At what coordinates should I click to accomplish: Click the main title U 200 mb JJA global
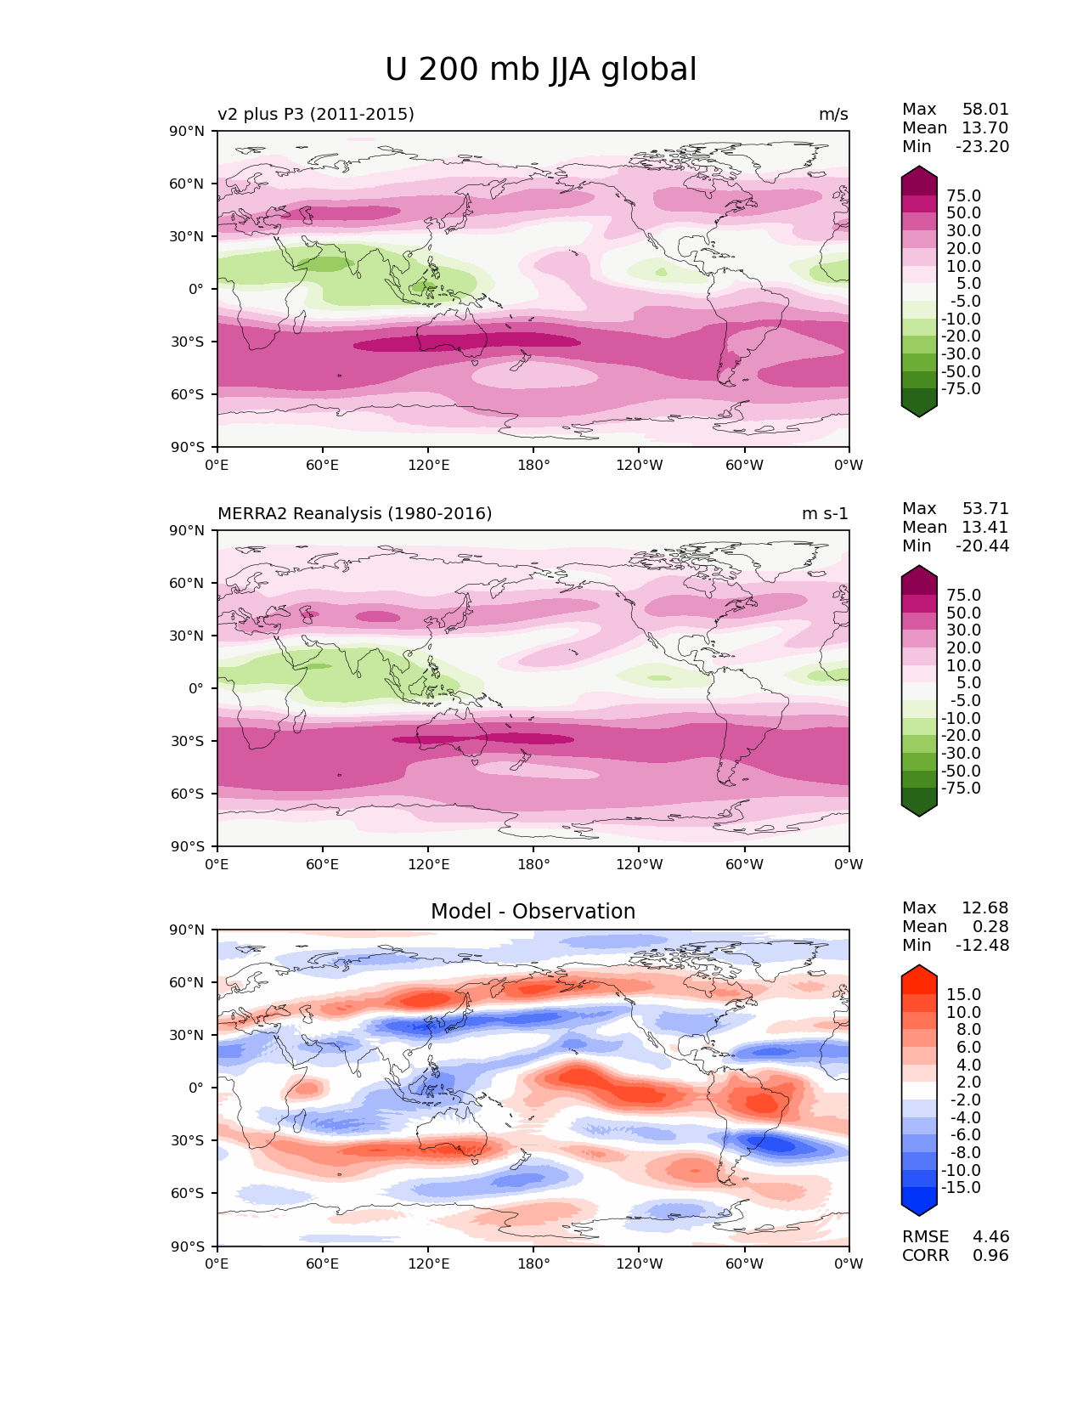[540, 70]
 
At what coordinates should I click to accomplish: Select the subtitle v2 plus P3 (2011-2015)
[316, 114]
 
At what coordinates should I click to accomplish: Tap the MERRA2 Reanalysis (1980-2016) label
[354, 513]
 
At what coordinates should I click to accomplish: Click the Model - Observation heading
[533, 912]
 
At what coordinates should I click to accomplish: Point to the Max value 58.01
[985, 109]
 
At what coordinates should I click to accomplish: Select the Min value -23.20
[982, 146]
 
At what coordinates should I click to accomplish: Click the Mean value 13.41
[985, 527]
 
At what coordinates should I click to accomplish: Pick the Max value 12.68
[985, 907]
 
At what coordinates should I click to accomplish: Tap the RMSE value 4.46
[991, 1236]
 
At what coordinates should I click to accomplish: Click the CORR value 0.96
[991, 1255]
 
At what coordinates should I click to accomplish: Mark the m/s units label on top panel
[833, 114]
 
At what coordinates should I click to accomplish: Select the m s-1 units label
[825, 513]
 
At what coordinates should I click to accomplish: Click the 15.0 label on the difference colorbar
[964, 994]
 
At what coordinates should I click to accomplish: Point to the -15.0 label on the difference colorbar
[961, 1187]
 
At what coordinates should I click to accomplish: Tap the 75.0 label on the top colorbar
[964, 195]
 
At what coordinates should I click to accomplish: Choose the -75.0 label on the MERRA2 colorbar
[961, 788]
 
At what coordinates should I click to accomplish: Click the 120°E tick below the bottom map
[428, 1263]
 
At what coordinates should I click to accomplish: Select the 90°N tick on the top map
[187, 131]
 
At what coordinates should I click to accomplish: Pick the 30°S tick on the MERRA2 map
[187, 741]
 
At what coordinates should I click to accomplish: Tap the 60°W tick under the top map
[744, 465]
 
